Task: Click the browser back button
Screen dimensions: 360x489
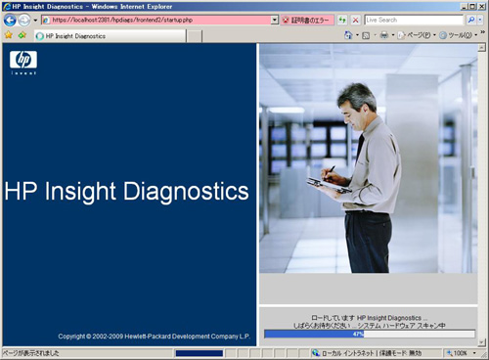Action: [11, 20]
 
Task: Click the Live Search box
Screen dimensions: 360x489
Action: [416, 20]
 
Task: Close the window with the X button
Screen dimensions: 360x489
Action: [479, 6]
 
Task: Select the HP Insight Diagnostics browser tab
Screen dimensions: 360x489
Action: [78, 35]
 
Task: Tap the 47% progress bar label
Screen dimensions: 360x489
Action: [371, 334]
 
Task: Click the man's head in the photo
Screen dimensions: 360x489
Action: [357, 98]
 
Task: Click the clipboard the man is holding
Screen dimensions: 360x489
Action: [326, 184]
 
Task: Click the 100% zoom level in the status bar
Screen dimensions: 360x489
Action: [459, 353]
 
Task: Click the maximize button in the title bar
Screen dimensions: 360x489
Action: [467, 6]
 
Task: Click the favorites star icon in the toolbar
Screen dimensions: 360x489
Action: [8, 35]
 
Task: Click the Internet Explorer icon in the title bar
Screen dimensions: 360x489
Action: [6, 6]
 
